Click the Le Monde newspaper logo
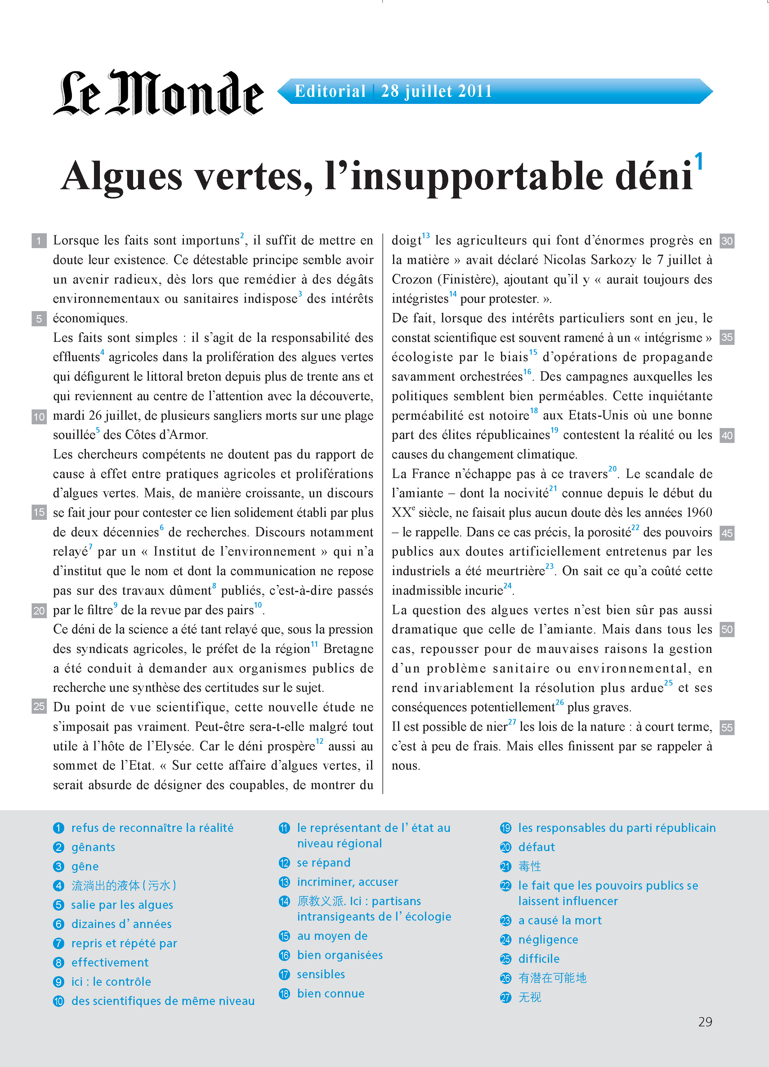click(158, 93)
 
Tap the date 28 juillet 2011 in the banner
click(436, 91)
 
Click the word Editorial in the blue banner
click(330, 91)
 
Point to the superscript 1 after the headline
click(699, 161)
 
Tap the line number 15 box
click(39, 512)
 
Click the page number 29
click(705, 1021)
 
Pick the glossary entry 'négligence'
click(548, 940)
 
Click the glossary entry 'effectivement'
click(110, 962)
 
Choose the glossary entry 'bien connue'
click(330, 993)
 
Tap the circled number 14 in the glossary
click(284, 901)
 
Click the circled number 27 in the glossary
click(505, 998)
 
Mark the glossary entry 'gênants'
click(93, 847)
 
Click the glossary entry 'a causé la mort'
click(560, 920)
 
